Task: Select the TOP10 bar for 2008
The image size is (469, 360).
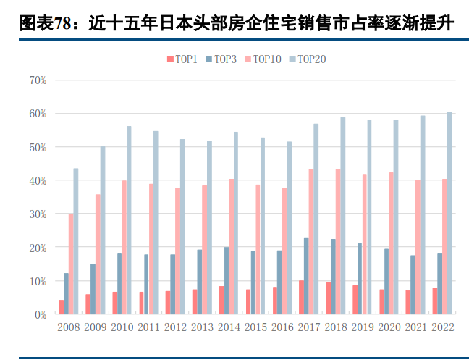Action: point(71,264)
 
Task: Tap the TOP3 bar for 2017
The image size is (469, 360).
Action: point(307,276)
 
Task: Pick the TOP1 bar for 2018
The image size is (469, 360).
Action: point(328,298)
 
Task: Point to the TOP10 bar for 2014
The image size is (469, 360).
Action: point(232,247)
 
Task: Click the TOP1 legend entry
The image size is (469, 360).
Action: point(182,59)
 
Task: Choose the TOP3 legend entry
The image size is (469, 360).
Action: point(221,59)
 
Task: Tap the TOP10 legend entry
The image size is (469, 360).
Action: point(262,59)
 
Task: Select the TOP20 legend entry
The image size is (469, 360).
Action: point(307,59)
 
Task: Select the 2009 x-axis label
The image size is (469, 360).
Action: point(95,327)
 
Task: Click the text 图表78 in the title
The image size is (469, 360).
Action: point(43,24)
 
